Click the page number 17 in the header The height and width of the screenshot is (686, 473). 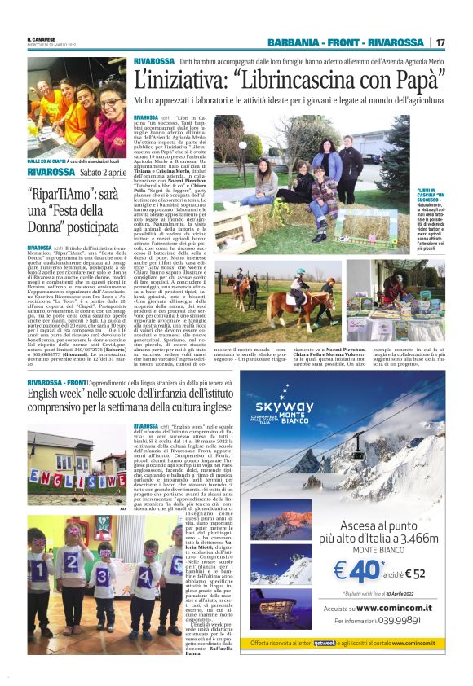point(441,42)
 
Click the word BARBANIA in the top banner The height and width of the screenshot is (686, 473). point(296,42)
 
